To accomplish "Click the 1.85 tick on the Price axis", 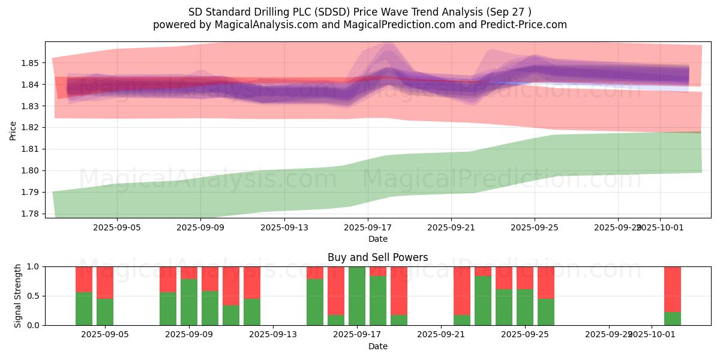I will (30, 63).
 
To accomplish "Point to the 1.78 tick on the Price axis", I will (30, 214).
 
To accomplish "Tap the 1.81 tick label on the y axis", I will (30, 149).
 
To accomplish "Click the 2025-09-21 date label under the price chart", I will (451, 228).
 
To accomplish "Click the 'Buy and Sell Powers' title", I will (377, 257).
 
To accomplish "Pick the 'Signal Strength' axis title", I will (18, 295).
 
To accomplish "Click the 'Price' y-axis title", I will (13, 130).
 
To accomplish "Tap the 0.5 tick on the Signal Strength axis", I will (34, 296).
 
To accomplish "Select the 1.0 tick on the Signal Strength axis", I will (34, 266).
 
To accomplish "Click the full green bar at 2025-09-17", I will (357, 296).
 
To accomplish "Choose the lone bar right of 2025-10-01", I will (673, 296).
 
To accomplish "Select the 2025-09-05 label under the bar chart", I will (105, 334).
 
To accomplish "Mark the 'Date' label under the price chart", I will (377, 239).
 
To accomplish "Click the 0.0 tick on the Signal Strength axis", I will (34, 325).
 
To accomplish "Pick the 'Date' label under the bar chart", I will (377, 346).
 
